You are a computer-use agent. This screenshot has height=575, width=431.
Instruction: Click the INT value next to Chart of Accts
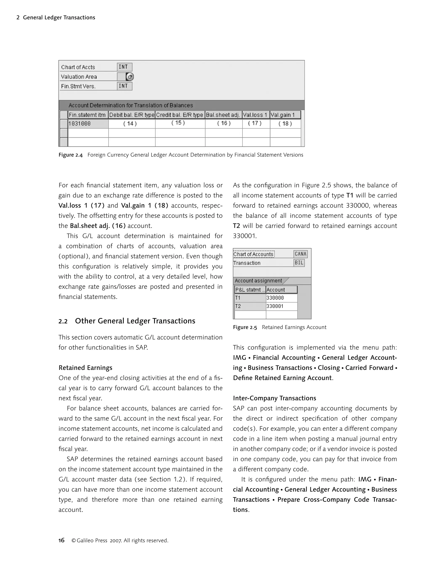[124, 67]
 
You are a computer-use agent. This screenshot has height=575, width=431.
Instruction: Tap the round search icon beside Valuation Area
[130, 77]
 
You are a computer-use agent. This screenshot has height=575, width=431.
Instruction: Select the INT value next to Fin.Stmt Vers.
[124, 86]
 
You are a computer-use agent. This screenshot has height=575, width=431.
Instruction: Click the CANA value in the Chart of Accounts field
[300, 254]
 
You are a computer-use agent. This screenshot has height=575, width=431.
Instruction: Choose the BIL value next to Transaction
[299, 263]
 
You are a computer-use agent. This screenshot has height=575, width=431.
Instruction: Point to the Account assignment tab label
[258, 281]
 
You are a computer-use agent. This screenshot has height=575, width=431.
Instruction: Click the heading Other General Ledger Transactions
[135, 321]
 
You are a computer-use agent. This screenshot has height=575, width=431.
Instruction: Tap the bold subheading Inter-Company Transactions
[274, 398]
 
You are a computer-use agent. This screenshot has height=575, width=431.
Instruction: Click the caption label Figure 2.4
[71, 155]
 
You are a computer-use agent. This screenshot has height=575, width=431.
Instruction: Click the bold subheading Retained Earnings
[85, 368]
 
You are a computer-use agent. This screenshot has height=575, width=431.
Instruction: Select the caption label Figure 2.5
[245, 327]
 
